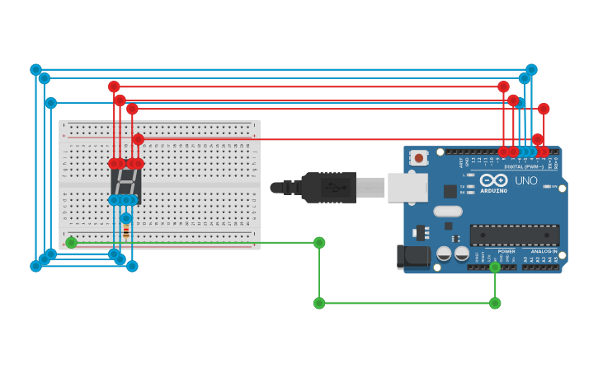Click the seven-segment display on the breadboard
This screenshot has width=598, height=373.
pyautogui.click(x=125, y=181)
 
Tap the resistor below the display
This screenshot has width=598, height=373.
pyautogui.click(x=125, y=231)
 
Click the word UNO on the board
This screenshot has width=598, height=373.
pyautogui.click(x=526, y=180)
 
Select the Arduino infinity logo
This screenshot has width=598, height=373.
pyautogui.click(x=493, y=180)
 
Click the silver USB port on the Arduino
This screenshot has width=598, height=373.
pyautogui.click(x=407, y=188)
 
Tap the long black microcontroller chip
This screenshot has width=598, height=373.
pyautogui.click(x=514, y=235)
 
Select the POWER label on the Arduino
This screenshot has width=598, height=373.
pyautogui.click(x=506, y=251)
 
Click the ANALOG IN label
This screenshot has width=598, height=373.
pyautogui.click(x=544, y=251)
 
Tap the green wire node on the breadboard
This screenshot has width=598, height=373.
pyautogui.click(x=72, y=242)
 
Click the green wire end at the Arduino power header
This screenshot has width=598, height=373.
pyautogui.click(x=495, y=267)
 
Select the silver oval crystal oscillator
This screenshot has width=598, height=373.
pyautogui.click(x=448, y=211)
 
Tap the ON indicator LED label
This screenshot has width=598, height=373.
pyautogui.click(x=553, y=186)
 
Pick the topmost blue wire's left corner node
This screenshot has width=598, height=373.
pyautogui.click(x=35, y=70)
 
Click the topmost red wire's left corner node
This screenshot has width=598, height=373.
pyautogui.click(x=114, y=86)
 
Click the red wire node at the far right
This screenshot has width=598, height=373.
pyautogui.click(x=544, y=109)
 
